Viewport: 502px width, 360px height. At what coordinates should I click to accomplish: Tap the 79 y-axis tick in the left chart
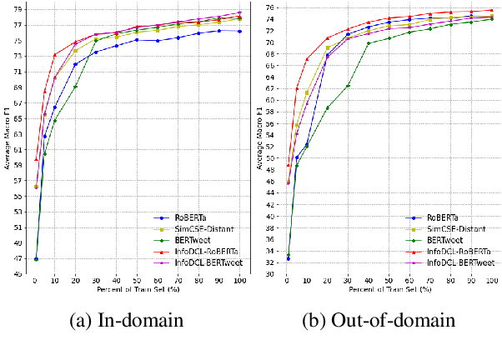pos(18,7)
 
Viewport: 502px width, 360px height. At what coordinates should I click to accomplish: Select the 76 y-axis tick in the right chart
pos(270,7)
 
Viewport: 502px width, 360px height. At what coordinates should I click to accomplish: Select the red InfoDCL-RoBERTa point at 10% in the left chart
pos(55,55)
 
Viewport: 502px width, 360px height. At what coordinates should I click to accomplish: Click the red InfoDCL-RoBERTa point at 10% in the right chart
pos(307,59)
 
